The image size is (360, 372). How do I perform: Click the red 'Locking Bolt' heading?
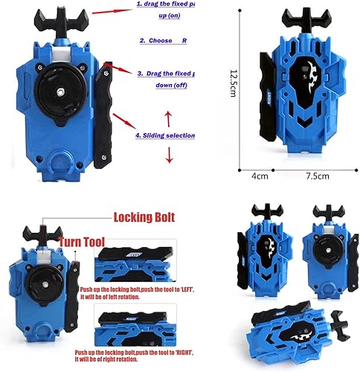[x=144, y=218]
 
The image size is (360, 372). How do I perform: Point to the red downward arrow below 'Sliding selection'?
[x=168, y=154]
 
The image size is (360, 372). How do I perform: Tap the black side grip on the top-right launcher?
[x=266, y=96]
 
